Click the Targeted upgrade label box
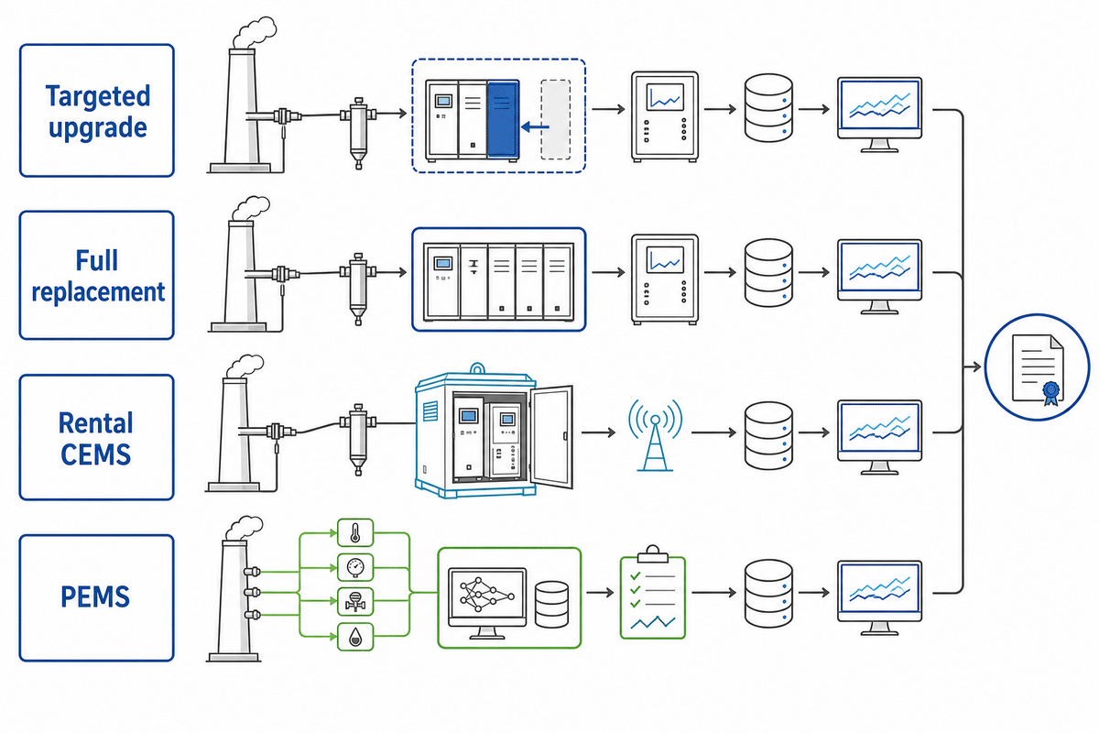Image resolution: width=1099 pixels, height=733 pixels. (97, 111)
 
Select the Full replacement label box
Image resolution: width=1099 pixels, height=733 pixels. (97, 275)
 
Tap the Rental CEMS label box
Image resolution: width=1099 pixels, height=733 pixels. (97, 437)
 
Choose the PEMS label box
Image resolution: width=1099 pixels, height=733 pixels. (97, 598)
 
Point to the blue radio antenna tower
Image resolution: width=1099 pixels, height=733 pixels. (655, 435)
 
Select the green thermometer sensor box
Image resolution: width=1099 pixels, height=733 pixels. (355, 532)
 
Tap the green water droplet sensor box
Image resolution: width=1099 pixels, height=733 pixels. (355, 637)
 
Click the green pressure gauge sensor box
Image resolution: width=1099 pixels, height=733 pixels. (355, 567)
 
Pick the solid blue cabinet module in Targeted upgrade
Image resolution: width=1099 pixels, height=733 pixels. (503, 120)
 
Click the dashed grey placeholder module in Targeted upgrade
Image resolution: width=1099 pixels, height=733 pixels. (555, 120)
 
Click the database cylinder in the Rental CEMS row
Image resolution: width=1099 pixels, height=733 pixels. (768, 436)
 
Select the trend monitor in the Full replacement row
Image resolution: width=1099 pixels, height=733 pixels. (879, 277)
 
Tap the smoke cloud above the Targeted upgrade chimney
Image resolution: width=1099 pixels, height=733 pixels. (255, 32)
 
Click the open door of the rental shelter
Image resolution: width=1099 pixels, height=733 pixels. (552, 436)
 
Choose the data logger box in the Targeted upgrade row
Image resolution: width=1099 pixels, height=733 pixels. (665, 116)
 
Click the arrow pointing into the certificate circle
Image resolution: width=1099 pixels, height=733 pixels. (973, 366)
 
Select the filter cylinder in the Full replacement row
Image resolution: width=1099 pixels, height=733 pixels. (358, 289)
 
